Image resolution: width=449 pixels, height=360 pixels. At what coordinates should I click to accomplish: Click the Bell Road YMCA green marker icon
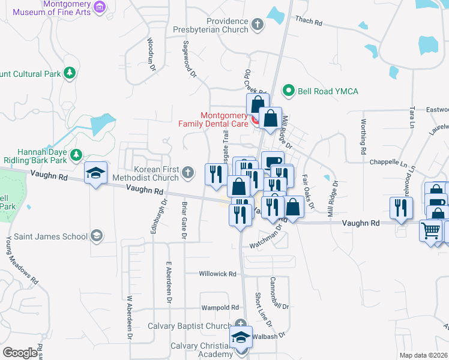(288, 91)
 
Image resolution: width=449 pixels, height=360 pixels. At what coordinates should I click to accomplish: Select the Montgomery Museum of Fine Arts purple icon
(100, 7)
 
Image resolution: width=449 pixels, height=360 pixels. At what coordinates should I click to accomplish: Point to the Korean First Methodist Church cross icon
(188, 173)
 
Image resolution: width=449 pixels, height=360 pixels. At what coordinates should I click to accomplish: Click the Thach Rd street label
(309, 22)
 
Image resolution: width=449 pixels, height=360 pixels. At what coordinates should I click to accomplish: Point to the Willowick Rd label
(218, 274)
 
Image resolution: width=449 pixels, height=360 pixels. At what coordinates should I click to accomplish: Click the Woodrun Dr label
(151, 54)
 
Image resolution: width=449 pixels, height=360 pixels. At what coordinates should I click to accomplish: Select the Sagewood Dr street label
(188, 59)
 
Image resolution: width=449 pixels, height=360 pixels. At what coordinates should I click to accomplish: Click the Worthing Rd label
(363, 137)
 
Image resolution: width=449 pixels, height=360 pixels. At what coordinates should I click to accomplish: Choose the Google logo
(19, 353)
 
